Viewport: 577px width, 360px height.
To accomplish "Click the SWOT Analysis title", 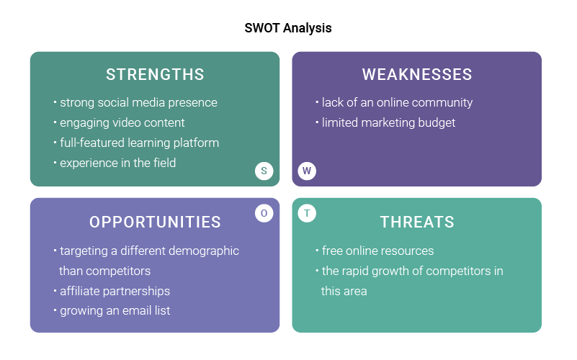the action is point(288,28).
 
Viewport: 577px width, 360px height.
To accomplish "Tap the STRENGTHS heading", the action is point(155,74).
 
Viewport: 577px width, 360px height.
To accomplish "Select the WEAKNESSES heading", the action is point(417,74).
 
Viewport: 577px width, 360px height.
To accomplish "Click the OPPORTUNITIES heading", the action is point(155,222).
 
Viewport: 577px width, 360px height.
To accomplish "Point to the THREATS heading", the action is point(417,222).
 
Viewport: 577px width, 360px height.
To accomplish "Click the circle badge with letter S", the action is point(264,171).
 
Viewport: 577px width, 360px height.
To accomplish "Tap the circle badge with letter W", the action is point(307,171).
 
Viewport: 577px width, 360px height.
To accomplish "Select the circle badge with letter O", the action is point(264,213).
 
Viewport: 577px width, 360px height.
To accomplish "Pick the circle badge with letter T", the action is point(307,213).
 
